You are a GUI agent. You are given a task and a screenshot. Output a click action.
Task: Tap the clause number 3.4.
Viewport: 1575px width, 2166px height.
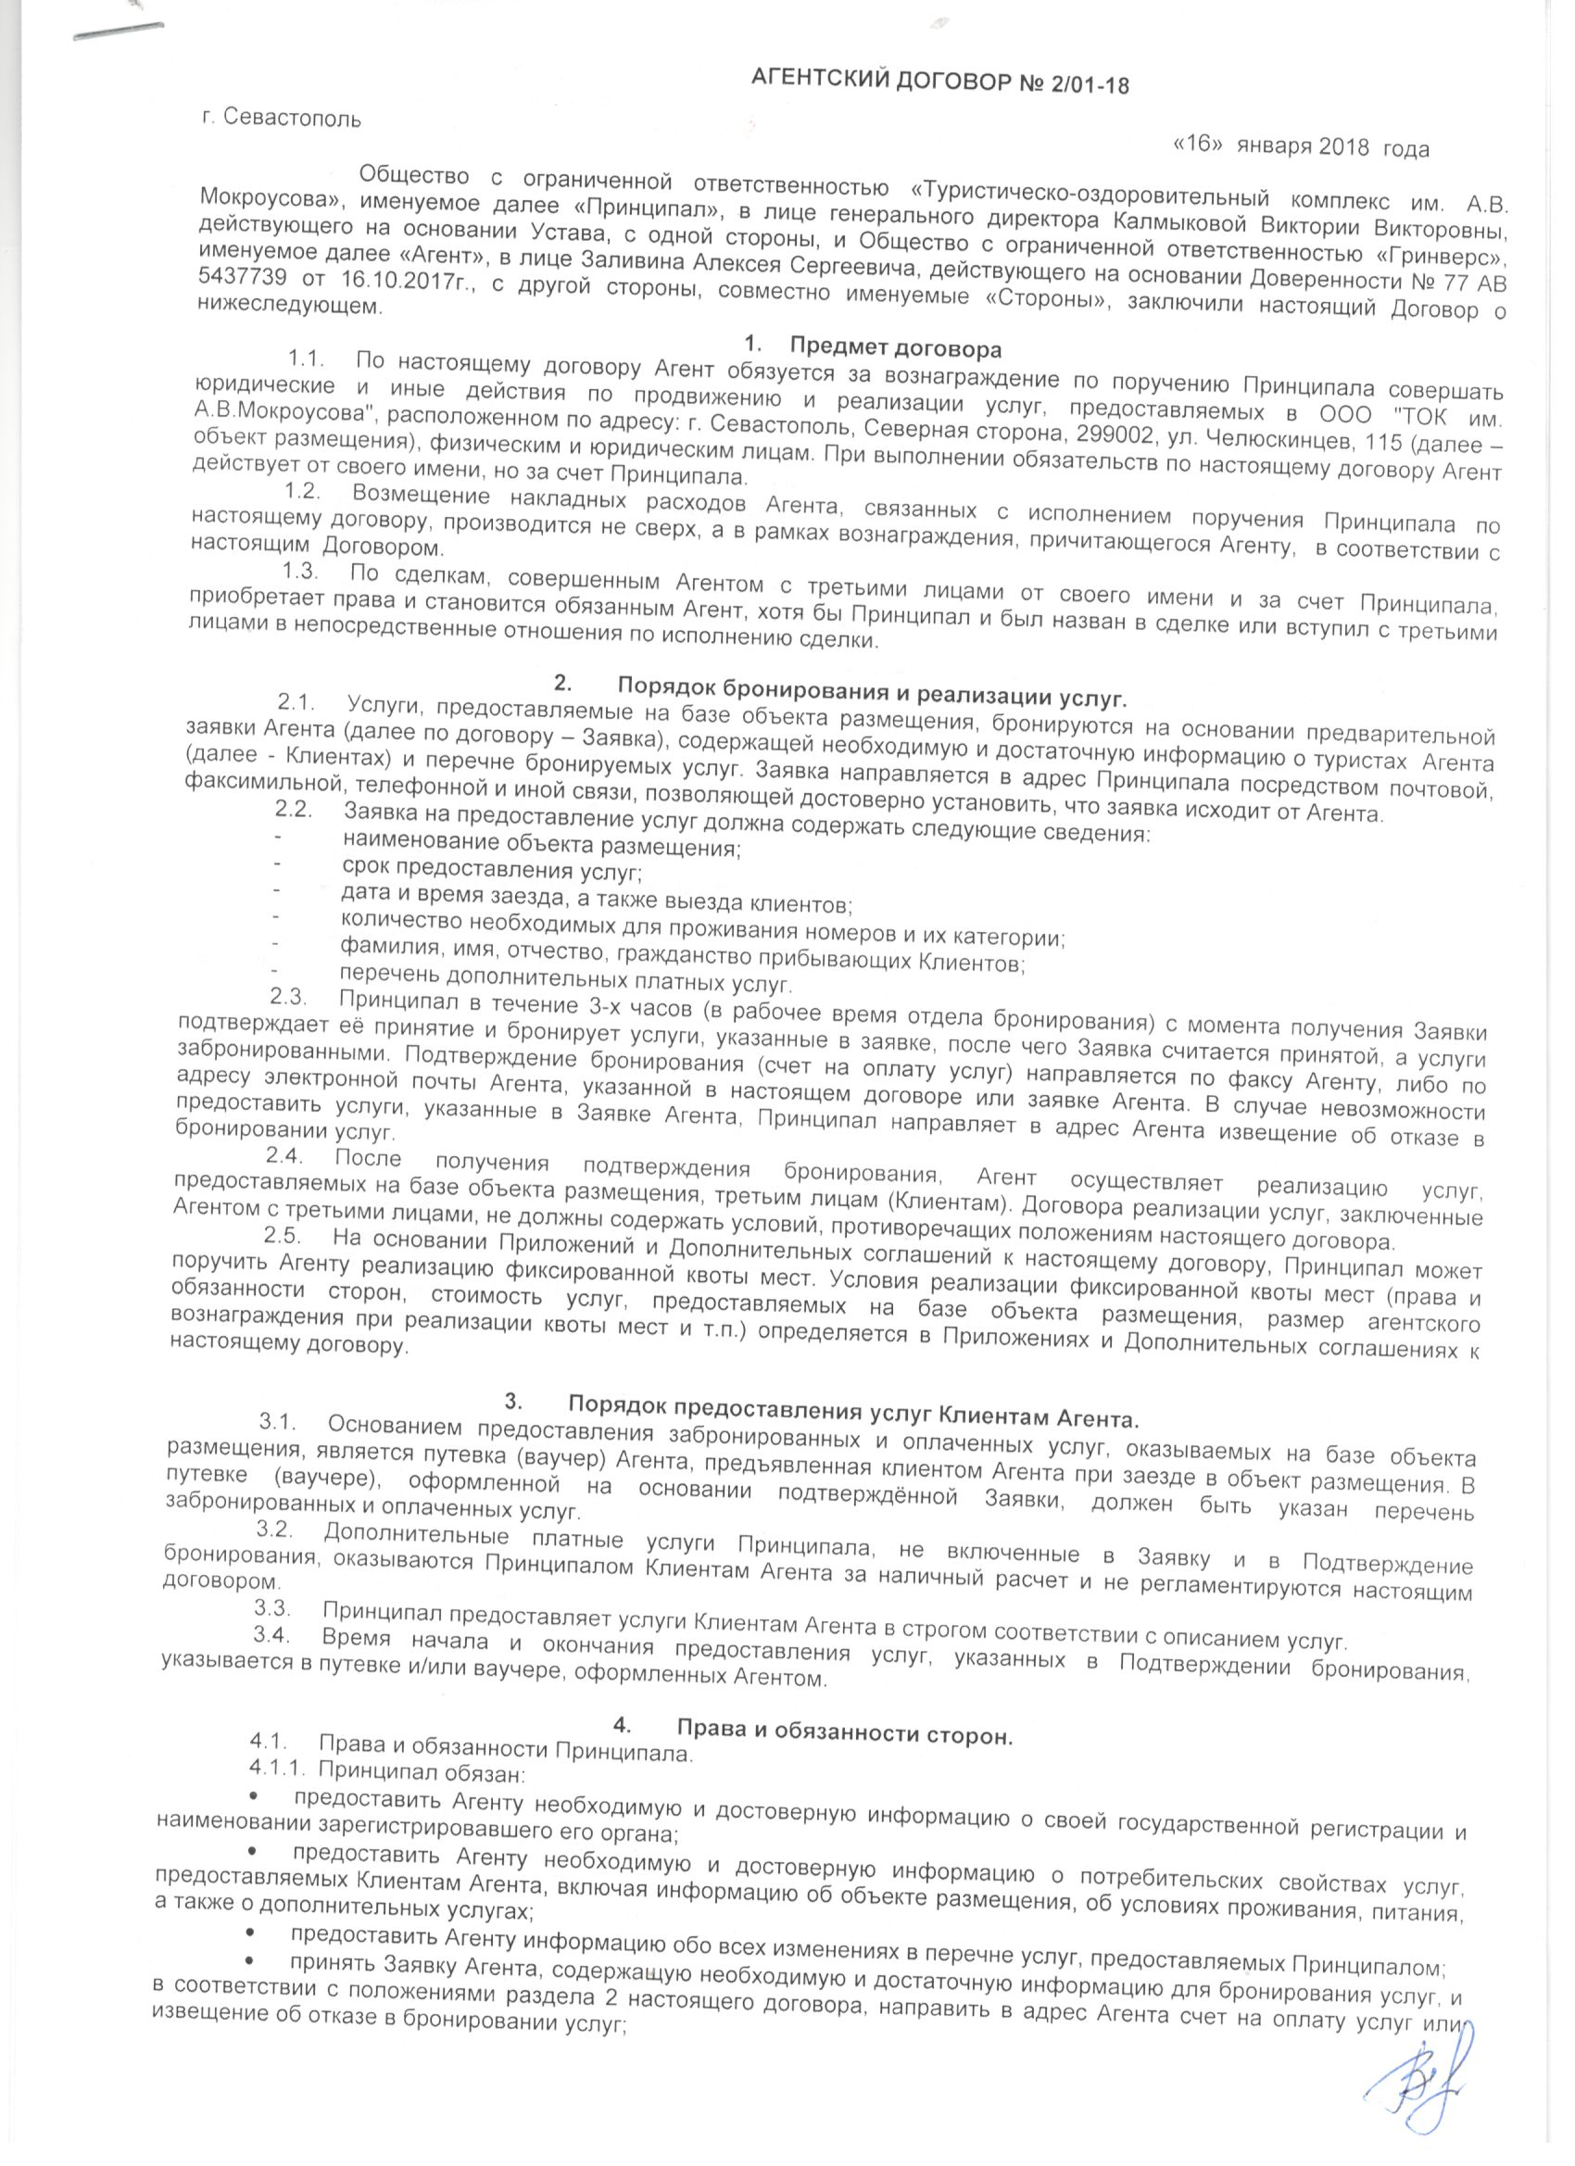(x=272, y=1639)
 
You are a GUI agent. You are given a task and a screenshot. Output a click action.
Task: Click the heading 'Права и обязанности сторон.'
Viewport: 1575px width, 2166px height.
(x=844, y=1734)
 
